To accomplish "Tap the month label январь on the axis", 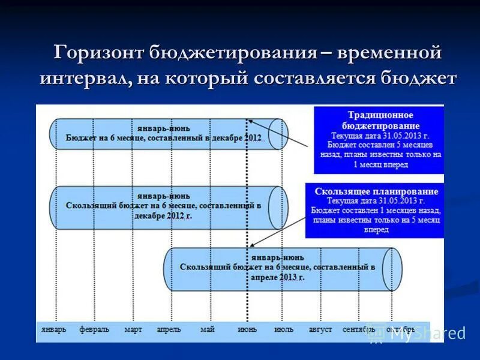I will pos(55,329).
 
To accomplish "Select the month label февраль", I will pos(94,329).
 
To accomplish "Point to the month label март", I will pos(133,329).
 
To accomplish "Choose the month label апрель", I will pos(169,329).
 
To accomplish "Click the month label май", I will pos(208,329).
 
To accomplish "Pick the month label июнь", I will pos(247,329).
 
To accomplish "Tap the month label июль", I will pos(284,329).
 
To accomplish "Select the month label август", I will pos(320,329).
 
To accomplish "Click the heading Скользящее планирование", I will pos(376,191).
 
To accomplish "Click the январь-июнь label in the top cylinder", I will pos(164,127).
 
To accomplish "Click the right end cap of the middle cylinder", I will pos(278,208).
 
